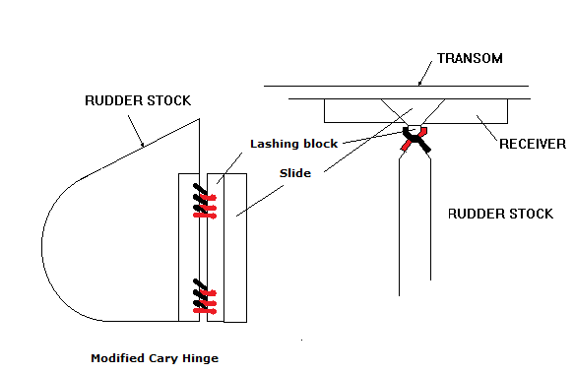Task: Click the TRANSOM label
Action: click(470, 58)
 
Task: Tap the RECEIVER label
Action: click(533, 144)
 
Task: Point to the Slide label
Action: click(295, 173)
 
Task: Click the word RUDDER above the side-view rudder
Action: click(110, 100)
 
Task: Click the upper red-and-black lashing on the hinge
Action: click(205, 202)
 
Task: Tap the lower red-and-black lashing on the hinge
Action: click(205, 296)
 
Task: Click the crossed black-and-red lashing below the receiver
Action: click(415, 139)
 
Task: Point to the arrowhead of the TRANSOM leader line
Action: click(419, 84)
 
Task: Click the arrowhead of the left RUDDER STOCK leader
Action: click(143, 145)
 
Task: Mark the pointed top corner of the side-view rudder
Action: click(199, 119)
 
